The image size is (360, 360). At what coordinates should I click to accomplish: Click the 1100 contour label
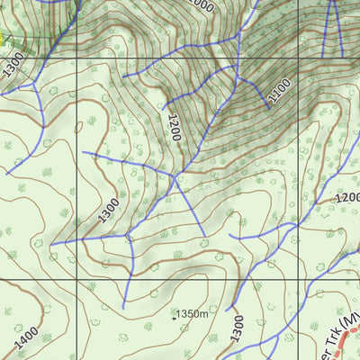tap(280, 88)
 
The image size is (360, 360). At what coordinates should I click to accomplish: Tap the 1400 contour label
tap(26, 338)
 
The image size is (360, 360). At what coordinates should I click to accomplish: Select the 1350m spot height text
tap(193, 313)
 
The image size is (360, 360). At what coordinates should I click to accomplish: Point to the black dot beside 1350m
tap(175, 316)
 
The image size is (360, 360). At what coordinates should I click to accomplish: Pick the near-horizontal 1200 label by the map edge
tap(346, 197)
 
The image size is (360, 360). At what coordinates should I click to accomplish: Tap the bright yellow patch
tap(4, 40)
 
